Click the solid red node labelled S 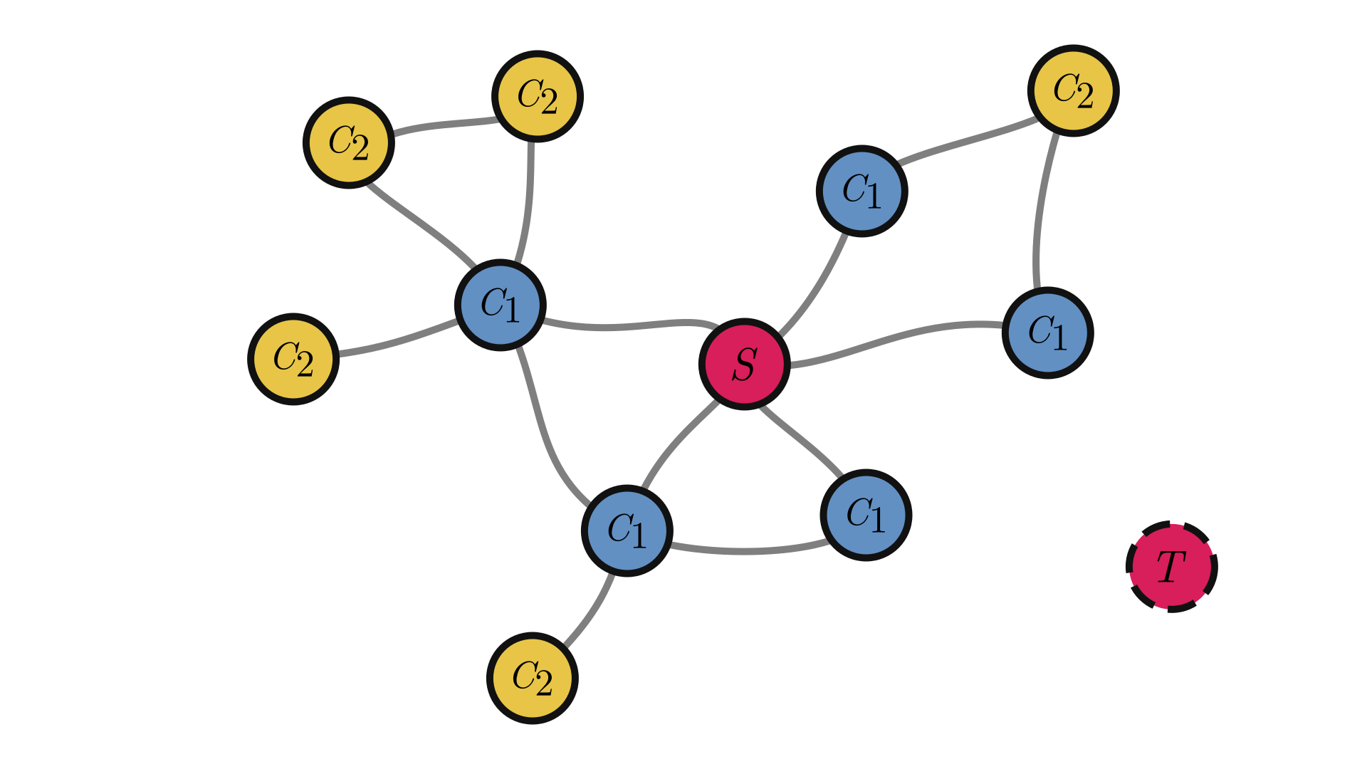coord(744,364)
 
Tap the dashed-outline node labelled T coord(1171,567)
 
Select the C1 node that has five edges coord(501,305)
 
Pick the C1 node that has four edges coord(627,530)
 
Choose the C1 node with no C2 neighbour coord(866,515)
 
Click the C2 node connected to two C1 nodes coord(1073,90)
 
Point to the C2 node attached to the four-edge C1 coord(533,678)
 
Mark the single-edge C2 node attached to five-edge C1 coord(293,359)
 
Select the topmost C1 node coord(861,191)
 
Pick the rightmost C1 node coord(1047,333)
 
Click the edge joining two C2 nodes coord(443,125)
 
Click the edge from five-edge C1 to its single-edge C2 coord(399,342)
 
